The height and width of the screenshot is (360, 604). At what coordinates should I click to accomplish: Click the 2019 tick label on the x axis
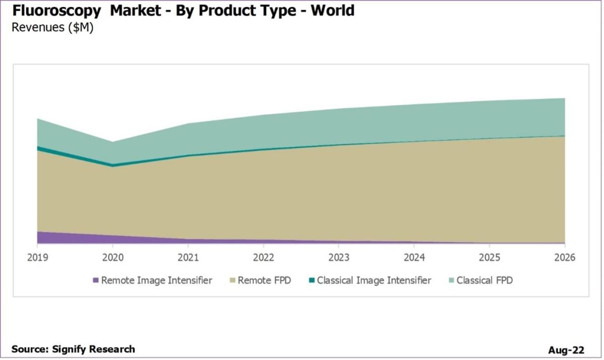tap(37, 258)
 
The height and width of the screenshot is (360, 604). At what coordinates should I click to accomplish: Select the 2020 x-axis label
tap(113, 258)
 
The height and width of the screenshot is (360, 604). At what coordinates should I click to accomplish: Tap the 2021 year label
tap(188, 258)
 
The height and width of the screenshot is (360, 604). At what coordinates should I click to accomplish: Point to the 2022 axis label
tap(263, 258)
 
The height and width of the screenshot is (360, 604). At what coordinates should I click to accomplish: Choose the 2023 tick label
tap(339, 258)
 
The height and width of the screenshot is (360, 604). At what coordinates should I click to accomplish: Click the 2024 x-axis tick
tap(414, 258)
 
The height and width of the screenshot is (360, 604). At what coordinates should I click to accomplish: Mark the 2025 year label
tap(489, 258)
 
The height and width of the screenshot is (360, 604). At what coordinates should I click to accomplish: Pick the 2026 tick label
tap(564, 258)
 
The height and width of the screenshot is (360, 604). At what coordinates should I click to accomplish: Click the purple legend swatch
tap(96, 280)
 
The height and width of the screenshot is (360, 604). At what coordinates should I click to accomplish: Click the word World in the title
tap(332, 10)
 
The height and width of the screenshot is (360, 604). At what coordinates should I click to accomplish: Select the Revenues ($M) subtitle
tap(52, 27)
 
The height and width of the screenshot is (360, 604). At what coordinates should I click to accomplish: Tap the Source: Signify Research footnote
tap(73, 349)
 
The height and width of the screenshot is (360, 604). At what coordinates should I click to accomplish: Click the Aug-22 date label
tap(566, 350)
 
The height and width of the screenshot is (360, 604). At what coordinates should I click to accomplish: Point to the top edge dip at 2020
tap(112, 142)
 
